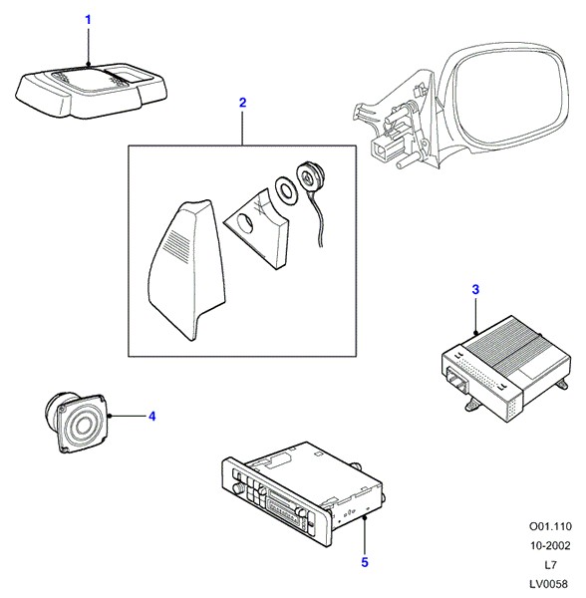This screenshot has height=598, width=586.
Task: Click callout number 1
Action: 88,20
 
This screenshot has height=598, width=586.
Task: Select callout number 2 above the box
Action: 243,103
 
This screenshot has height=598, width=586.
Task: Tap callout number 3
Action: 475,290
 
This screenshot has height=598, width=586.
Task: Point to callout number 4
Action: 152,416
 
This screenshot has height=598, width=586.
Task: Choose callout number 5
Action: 365,562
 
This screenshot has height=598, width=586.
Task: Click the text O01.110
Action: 550,526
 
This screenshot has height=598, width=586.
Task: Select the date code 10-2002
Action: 550,546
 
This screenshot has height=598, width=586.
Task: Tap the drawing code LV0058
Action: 549,584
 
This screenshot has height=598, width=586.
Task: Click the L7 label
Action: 550,565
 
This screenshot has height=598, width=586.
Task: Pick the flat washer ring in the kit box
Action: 285,190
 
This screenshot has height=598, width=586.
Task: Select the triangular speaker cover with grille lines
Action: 185,269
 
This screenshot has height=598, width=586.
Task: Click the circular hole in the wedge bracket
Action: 245,223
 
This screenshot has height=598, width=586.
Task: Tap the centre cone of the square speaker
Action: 84,425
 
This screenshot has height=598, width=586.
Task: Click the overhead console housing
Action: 92,90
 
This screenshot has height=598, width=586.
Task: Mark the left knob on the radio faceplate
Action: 237,487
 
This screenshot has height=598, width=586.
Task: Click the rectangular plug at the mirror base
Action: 383,149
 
